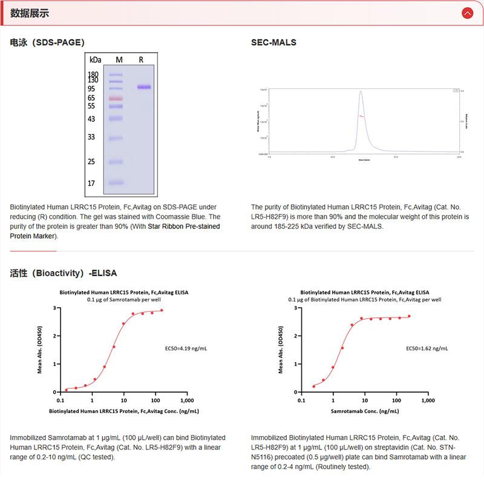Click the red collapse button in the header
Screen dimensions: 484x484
(466, 13)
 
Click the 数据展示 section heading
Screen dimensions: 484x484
(30, 13)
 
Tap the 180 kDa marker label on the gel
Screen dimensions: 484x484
(93, 74)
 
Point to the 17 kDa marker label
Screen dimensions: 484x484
(91, 183)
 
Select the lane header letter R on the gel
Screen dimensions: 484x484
(141, 59)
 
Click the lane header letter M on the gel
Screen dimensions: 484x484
(119, 59)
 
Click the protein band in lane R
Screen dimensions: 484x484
(144, 87)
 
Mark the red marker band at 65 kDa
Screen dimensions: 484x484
(116, 98)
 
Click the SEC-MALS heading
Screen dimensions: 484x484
(273, 42)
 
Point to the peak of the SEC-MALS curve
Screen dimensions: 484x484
(361, 91)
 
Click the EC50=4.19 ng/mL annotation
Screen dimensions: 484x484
(186, 349)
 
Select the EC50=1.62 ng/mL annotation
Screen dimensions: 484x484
(427, 349)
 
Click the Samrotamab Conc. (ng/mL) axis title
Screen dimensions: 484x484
(364, 411)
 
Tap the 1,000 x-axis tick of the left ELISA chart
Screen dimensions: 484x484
(187, 400)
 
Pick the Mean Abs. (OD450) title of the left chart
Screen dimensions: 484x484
(40, 350)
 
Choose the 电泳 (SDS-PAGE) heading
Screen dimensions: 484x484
(47, 42)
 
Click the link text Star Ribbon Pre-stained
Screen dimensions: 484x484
(184, 226)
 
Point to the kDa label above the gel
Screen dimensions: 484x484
(95, 59)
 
